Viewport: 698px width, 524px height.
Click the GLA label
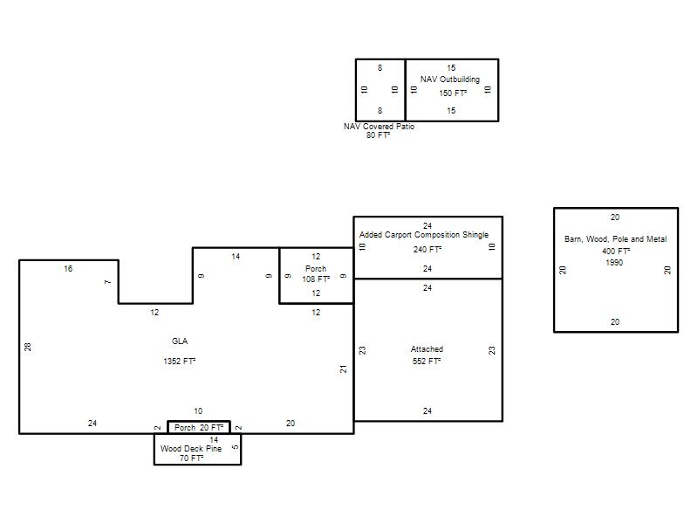180,341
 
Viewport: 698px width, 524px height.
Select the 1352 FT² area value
180,361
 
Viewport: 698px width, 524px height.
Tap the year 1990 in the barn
614,263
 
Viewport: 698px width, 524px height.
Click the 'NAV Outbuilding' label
450,79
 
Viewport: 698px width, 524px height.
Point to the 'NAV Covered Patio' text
379,127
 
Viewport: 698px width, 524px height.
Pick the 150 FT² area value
453,93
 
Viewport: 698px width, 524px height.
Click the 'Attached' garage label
427,348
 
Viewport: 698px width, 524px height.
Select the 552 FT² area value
427,361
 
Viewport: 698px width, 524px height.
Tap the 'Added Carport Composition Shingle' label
424,235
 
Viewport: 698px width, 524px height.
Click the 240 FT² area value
428,250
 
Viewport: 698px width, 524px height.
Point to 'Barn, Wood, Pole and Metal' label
616,239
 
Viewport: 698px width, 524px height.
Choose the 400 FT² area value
616,252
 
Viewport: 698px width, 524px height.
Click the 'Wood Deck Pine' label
191,449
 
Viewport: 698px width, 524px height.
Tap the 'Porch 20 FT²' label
199,428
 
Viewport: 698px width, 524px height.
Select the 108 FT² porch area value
316,279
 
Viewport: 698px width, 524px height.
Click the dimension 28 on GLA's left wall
28,347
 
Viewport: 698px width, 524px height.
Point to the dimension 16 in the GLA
68,269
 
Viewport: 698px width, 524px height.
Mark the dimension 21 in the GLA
343,369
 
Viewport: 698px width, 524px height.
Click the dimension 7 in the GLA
107,281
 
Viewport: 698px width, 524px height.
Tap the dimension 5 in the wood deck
236,447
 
